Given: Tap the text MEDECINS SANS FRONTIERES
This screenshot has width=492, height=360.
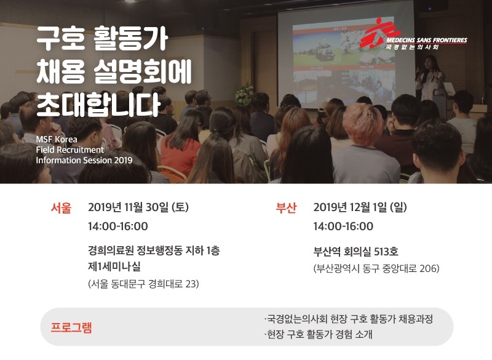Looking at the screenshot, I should pyautogui.click(x=426, y=40).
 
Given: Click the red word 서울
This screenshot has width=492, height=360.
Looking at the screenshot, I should pyautogui.click(x=61, y=208).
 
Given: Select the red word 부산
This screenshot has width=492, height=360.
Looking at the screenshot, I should pyautogui.click(x=286, y=208).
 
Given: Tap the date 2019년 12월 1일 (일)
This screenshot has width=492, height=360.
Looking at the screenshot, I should pyautogui.click(x=360, y=207).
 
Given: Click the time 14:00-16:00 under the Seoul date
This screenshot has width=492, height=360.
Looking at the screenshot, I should pyautogui.click(x=117, y=226).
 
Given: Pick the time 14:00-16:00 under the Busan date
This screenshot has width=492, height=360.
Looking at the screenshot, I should pyautogui.click(x=343, y=226).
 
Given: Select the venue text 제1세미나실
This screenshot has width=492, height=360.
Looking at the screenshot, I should pyautogui.click(x=114, y=266).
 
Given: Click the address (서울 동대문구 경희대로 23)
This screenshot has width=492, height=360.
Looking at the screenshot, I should pyautogui.click(x=144, y=284).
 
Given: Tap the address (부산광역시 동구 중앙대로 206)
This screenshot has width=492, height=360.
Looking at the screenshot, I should pyautogui.click(x=376, y=268).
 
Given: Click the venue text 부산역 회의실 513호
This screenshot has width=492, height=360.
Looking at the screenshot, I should pyautogui.click(x=355, y=251).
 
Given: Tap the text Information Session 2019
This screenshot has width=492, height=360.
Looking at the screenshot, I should pyautogui.click(x=84, y=160).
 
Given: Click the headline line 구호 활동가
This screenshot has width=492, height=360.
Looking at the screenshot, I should pyautogui.click(x=101, y=40).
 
